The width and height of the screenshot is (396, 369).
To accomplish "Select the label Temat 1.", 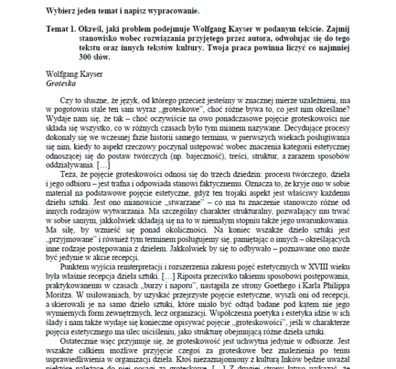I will pyautogui.click(x=64, y=29).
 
